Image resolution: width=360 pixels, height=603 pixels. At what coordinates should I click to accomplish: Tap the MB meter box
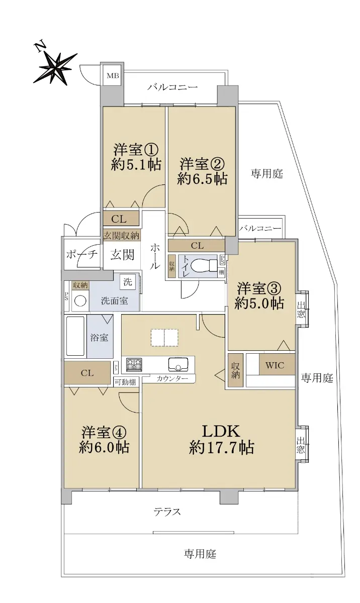[x=113, y=76]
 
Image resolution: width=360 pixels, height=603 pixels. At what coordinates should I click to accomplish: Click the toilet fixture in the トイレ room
[x=204, y=266]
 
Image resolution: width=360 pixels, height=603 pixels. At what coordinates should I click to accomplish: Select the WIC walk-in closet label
[x=275, y=365]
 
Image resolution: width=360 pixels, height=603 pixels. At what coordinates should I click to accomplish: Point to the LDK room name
[x=221, y=431]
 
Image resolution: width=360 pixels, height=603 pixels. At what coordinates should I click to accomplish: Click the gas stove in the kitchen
[x=134, y=365]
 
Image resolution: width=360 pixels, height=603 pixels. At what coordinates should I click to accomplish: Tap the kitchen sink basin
[x=178, y=364]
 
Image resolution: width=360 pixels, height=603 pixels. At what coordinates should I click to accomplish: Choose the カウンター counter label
[x=172, y=379]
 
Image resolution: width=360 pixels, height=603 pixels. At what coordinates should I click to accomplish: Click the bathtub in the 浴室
[x=75, y=336]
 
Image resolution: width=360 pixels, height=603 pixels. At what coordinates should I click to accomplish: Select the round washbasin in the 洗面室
[x=80, y=301]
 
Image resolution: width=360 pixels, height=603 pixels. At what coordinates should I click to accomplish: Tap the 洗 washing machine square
[x=128, y=282]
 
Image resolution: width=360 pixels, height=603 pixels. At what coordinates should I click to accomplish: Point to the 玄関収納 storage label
[x=122, y=236]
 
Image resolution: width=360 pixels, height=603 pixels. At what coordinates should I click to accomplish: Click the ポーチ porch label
[x=82, y=254]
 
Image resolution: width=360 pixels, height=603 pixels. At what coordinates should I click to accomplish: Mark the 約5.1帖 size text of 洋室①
[x=136, y=164]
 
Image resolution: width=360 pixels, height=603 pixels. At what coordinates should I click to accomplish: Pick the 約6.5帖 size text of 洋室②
[x=203, y=179]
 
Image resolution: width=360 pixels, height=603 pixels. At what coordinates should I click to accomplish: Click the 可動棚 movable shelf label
[x=125, y=382]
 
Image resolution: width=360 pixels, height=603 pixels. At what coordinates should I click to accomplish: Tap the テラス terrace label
[x=167, y=512]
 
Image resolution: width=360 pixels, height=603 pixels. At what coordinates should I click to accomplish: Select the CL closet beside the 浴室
[x=87, y=373]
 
